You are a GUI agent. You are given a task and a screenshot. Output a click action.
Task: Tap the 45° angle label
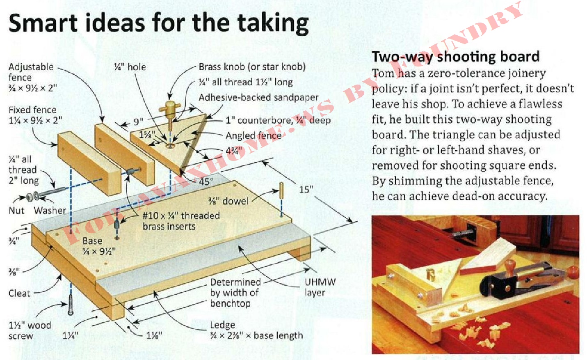tap(206, 181)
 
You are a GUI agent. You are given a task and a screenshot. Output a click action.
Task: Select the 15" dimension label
tap(306, 189)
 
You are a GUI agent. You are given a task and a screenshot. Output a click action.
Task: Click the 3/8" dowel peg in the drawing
tap(281, 190)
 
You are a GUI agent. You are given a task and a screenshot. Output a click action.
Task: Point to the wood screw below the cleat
tap(71, 305)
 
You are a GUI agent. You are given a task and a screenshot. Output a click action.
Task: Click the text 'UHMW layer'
tap(320, 287)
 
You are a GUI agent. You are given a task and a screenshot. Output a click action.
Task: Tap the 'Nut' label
tap(16, 211)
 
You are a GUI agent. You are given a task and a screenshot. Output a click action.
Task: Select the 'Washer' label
tap(50, 211)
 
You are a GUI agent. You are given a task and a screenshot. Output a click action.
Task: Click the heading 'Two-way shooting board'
tap(456, 57)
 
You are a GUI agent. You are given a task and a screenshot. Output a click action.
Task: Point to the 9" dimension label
tap(138, 122)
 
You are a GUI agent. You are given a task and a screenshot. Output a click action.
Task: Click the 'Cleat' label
tap(19, 293)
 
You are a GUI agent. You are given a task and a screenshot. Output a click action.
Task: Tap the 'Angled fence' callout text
tap(254, 135)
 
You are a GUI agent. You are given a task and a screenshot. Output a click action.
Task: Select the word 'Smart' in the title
tap(43, 23)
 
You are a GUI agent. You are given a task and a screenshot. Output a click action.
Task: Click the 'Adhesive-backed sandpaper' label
tap(258, 98)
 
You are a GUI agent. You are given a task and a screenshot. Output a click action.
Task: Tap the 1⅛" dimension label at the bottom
tap(154, 335)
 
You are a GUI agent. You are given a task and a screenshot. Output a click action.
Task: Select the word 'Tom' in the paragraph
tap(383, 73)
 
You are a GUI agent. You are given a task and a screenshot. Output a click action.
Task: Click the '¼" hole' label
tap(130, 67)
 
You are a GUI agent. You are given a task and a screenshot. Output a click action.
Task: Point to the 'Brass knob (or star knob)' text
tap(252, 67)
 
